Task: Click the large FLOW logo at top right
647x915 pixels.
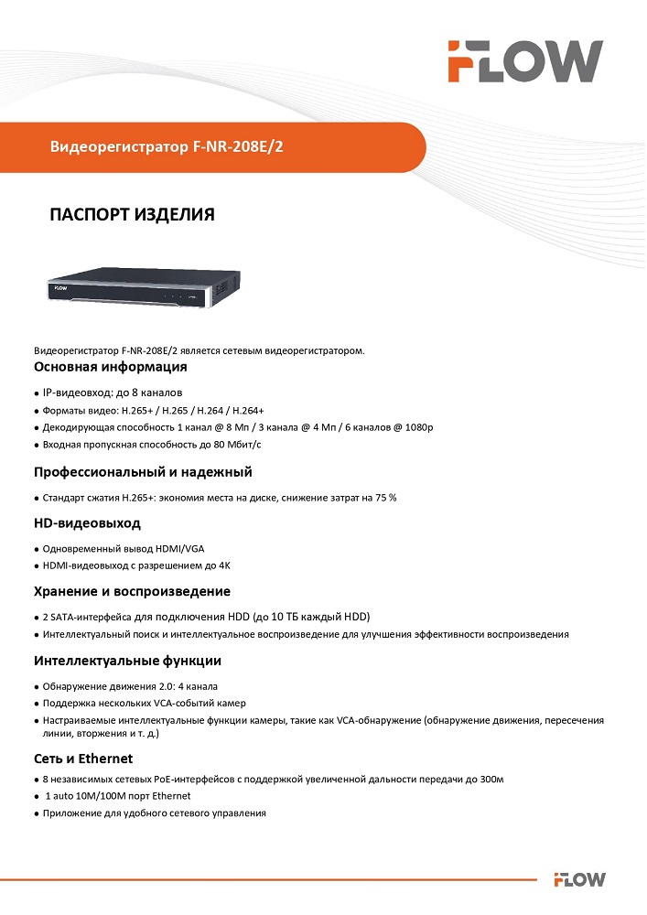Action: click(525, 61)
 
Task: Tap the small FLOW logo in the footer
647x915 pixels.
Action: click(578, 880)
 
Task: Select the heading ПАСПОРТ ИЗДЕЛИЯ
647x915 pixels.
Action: click(132, 215)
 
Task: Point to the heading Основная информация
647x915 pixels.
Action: click(111, 367)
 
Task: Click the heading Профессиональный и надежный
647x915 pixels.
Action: click(143, 472)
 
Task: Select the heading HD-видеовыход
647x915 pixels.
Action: click(88, 524)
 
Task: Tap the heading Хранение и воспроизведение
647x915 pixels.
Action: click(132, 591)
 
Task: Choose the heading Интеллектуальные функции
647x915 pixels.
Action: click(127, 661)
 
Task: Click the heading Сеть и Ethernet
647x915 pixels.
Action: click(83, 759)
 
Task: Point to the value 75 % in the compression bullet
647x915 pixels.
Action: click(385, 498)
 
